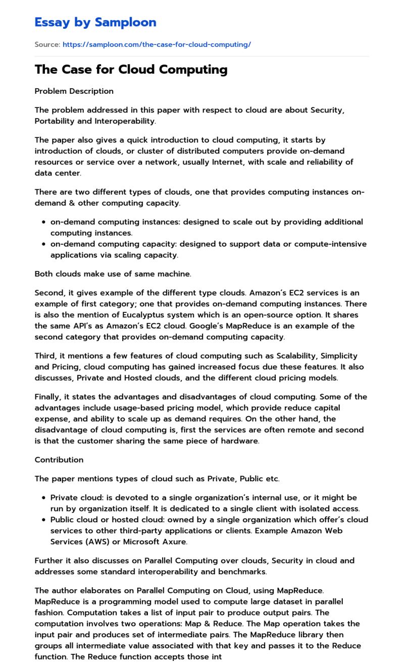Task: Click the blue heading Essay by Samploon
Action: click(x=95, y=22)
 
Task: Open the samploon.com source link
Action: click(x=157, y=44)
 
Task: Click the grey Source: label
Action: click(x=47, y=44)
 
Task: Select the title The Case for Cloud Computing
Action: click(x=131, y=69)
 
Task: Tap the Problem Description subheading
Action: click(x=74, y=91)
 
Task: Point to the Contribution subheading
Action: click(x=59, y=460)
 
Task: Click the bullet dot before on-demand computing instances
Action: click(x=44, y=222)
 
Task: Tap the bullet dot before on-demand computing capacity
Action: click(x=44, y=244)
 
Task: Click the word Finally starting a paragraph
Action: click(x=49, y=397)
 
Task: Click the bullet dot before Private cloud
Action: click(x=44, y=498)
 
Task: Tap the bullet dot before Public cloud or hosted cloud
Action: click(x=44, y=520)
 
